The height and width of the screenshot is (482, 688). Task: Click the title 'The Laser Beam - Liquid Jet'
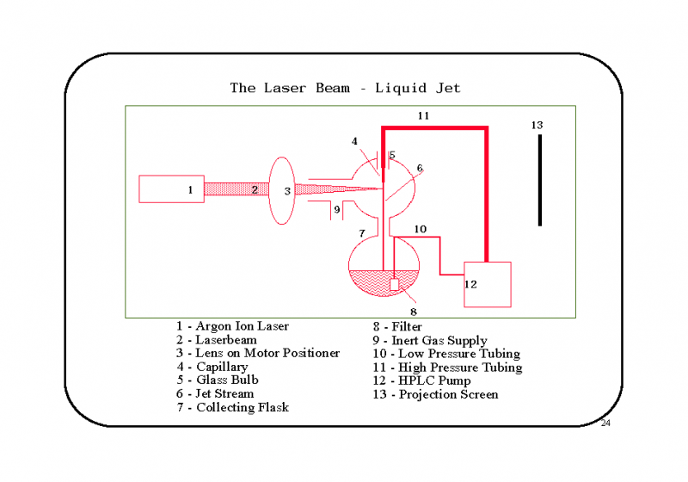pyautogui.click(x=345, y=88)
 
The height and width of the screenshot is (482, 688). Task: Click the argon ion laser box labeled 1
pyautogui.click(x=171, y=189)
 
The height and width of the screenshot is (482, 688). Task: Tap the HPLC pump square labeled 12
pyautogui.click(x=488, y=284)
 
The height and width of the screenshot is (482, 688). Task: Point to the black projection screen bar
pyautogui.click(x=540, y=180)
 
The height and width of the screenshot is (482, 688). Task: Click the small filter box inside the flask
pyautogui.click(x=395, y=284)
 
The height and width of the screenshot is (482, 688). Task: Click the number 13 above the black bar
pyautogui.click(x=537, y=126)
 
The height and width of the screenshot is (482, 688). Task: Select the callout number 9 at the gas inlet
pyautogui.click(x=337, y=208)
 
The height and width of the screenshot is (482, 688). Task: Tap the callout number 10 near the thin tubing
pyautogui.click(x=420, y=229)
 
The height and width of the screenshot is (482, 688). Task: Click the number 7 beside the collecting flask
pyautogui.click(x=362, y=233)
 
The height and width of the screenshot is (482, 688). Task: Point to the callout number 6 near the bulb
pyautogui.click(x=420, y=168)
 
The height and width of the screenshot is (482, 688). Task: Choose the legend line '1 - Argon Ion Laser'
pyautogui.click(x=232, y=326)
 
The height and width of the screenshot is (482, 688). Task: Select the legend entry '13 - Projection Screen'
pyautogui.click(x=435, y=394)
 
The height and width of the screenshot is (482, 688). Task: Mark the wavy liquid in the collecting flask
pyautogui.click(x=370, y=284)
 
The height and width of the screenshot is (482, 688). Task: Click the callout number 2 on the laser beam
pyautogui.click(x=255, y=189)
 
